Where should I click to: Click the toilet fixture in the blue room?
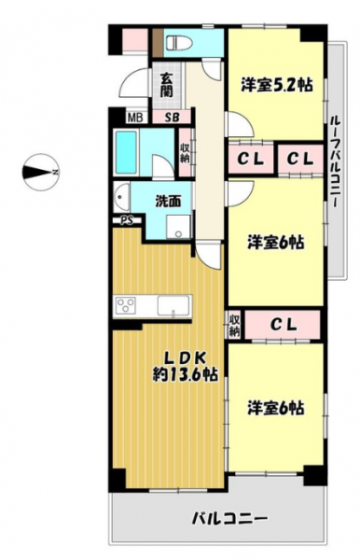click(179, 43)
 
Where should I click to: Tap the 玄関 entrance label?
click(166, 85)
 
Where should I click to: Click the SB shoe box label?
click(172, 118)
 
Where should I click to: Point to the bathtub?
click(125, 152)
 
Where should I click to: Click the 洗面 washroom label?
click(168, 202)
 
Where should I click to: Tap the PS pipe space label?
click(127, 220)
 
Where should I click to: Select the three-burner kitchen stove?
click(126, 305)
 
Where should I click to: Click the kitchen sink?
click(173, 306)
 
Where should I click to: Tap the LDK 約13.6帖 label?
click(186, 365)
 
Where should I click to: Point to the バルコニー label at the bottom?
click(230, 517)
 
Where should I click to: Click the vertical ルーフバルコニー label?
click(335, 161)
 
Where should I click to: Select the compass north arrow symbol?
click(40, 173)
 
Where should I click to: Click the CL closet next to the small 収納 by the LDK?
click(283, 324)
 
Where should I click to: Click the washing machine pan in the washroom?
click(178, 228)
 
